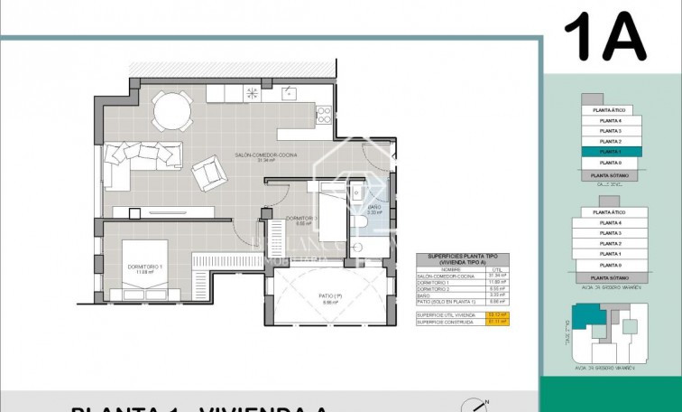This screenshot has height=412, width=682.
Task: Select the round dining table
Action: point(171,113)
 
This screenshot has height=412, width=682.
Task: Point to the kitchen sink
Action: point(290,92)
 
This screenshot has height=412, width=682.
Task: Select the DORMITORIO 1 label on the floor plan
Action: point(144,267)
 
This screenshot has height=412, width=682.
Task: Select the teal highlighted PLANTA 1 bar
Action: point(611,152)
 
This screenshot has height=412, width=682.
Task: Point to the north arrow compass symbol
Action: point(477,406)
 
